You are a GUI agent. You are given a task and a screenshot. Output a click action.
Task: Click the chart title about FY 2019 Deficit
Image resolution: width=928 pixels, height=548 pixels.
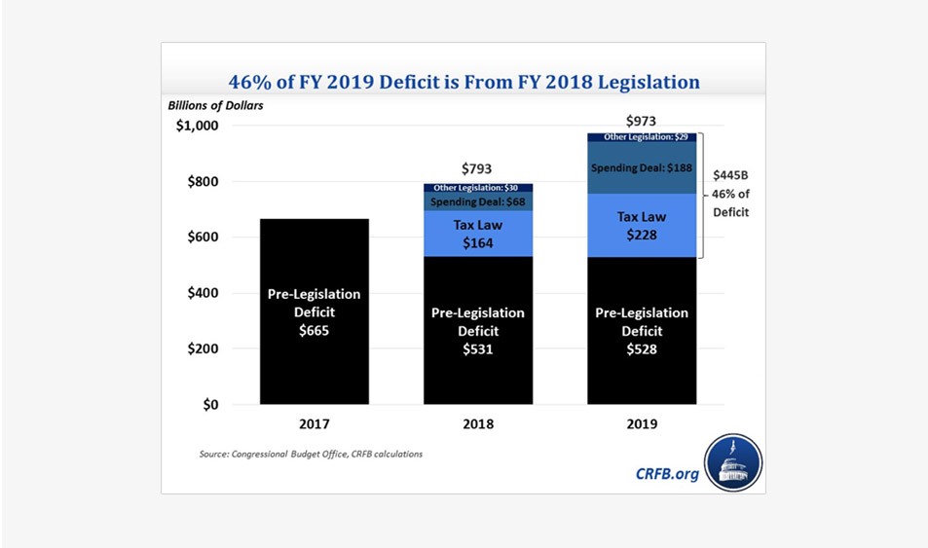click(464, 82)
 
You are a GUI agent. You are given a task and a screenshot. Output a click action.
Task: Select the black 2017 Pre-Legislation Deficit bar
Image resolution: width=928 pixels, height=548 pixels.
click(314, 311)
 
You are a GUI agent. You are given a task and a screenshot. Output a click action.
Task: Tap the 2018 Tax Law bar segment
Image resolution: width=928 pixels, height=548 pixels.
click(478, 234)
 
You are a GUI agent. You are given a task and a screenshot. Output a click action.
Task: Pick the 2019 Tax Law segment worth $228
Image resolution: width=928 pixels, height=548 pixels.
click(642, 225)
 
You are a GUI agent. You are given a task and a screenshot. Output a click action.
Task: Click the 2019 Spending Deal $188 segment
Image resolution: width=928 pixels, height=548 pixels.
click(642, 167)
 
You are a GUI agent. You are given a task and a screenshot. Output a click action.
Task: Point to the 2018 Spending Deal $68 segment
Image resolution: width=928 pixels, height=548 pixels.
click(478, 201)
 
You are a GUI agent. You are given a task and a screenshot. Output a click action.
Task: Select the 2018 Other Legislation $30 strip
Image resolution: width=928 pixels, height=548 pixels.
click(478, 187)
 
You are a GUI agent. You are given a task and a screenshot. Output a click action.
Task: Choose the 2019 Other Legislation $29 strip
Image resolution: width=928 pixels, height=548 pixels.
click(642, 137)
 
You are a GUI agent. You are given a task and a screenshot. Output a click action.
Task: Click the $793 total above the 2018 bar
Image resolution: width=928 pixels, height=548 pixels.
click(478, 169)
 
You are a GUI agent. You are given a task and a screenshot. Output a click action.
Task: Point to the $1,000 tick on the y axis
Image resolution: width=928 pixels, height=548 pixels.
click(199, 127)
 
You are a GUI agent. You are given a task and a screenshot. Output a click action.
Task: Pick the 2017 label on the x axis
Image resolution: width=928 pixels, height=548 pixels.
click(314, 424)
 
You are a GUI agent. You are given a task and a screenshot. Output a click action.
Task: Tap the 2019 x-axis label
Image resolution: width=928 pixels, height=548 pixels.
click(642, 424)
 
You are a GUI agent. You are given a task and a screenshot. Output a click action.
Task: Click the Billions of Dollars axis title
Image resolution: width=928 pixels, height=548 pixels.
click(214, 104)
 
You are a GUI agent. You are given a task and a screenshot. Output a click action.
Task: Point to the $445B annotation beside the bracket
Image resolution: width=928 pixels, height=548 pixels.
click(731, 175)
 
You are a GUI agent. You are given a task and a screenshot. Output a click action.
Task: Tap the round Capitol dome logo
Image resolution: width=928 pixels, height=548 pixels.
click(732, 463)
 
